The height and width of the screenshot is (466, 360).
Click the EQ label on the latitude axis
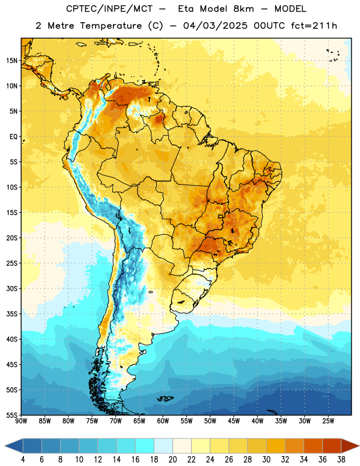click(13, 137)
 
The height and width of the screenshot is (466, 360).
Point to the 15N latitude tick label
click(12, 61)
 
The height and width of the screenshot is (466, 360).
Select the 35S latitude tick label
click(12, 314)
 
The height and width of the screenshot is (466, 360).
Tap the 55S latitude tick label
click(12, 415)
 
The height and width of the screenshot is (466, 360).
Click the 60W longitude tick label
click(163, 421)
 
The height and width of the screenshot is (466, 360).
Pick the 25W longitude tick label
click(328, 421)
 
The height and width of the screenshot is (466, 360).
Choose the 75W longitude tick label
click(92, 421)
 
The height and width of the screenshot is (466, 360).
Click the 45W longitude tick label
click(234, 421)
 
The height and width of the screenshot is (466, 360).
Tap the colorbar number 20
click(172, 460)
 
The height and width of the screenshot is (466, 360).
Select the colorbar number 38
click(341, 460)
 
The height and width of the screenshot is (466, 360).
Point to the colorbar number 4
click(23, 460)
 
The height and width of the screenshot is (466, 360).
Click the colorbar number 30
click(266, 460)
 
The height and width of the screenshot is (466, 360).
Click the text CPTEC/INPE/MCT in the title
click(109, 9)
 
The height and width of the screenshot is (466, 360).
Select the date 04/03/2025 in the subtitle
click(215, 26)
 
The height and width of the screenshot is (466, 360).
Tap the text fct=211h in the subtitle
click(314, 26)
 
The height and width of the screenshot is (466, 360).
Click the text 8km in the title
click(243, 9)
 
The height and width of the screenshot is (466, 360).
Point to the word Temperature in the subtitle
click(111, 26)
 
